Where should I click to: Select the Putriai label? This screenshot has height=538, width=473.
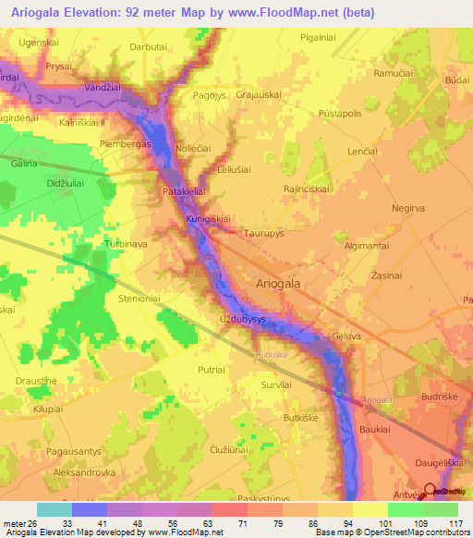[212, 369]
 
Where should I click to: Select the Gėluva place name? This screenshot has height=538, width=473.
[346, 339]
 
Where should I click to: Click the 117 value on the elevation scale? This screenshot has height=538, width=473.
[458, 524]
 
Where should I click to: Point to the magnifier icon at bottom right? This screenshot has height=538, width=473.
[431, 491]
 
